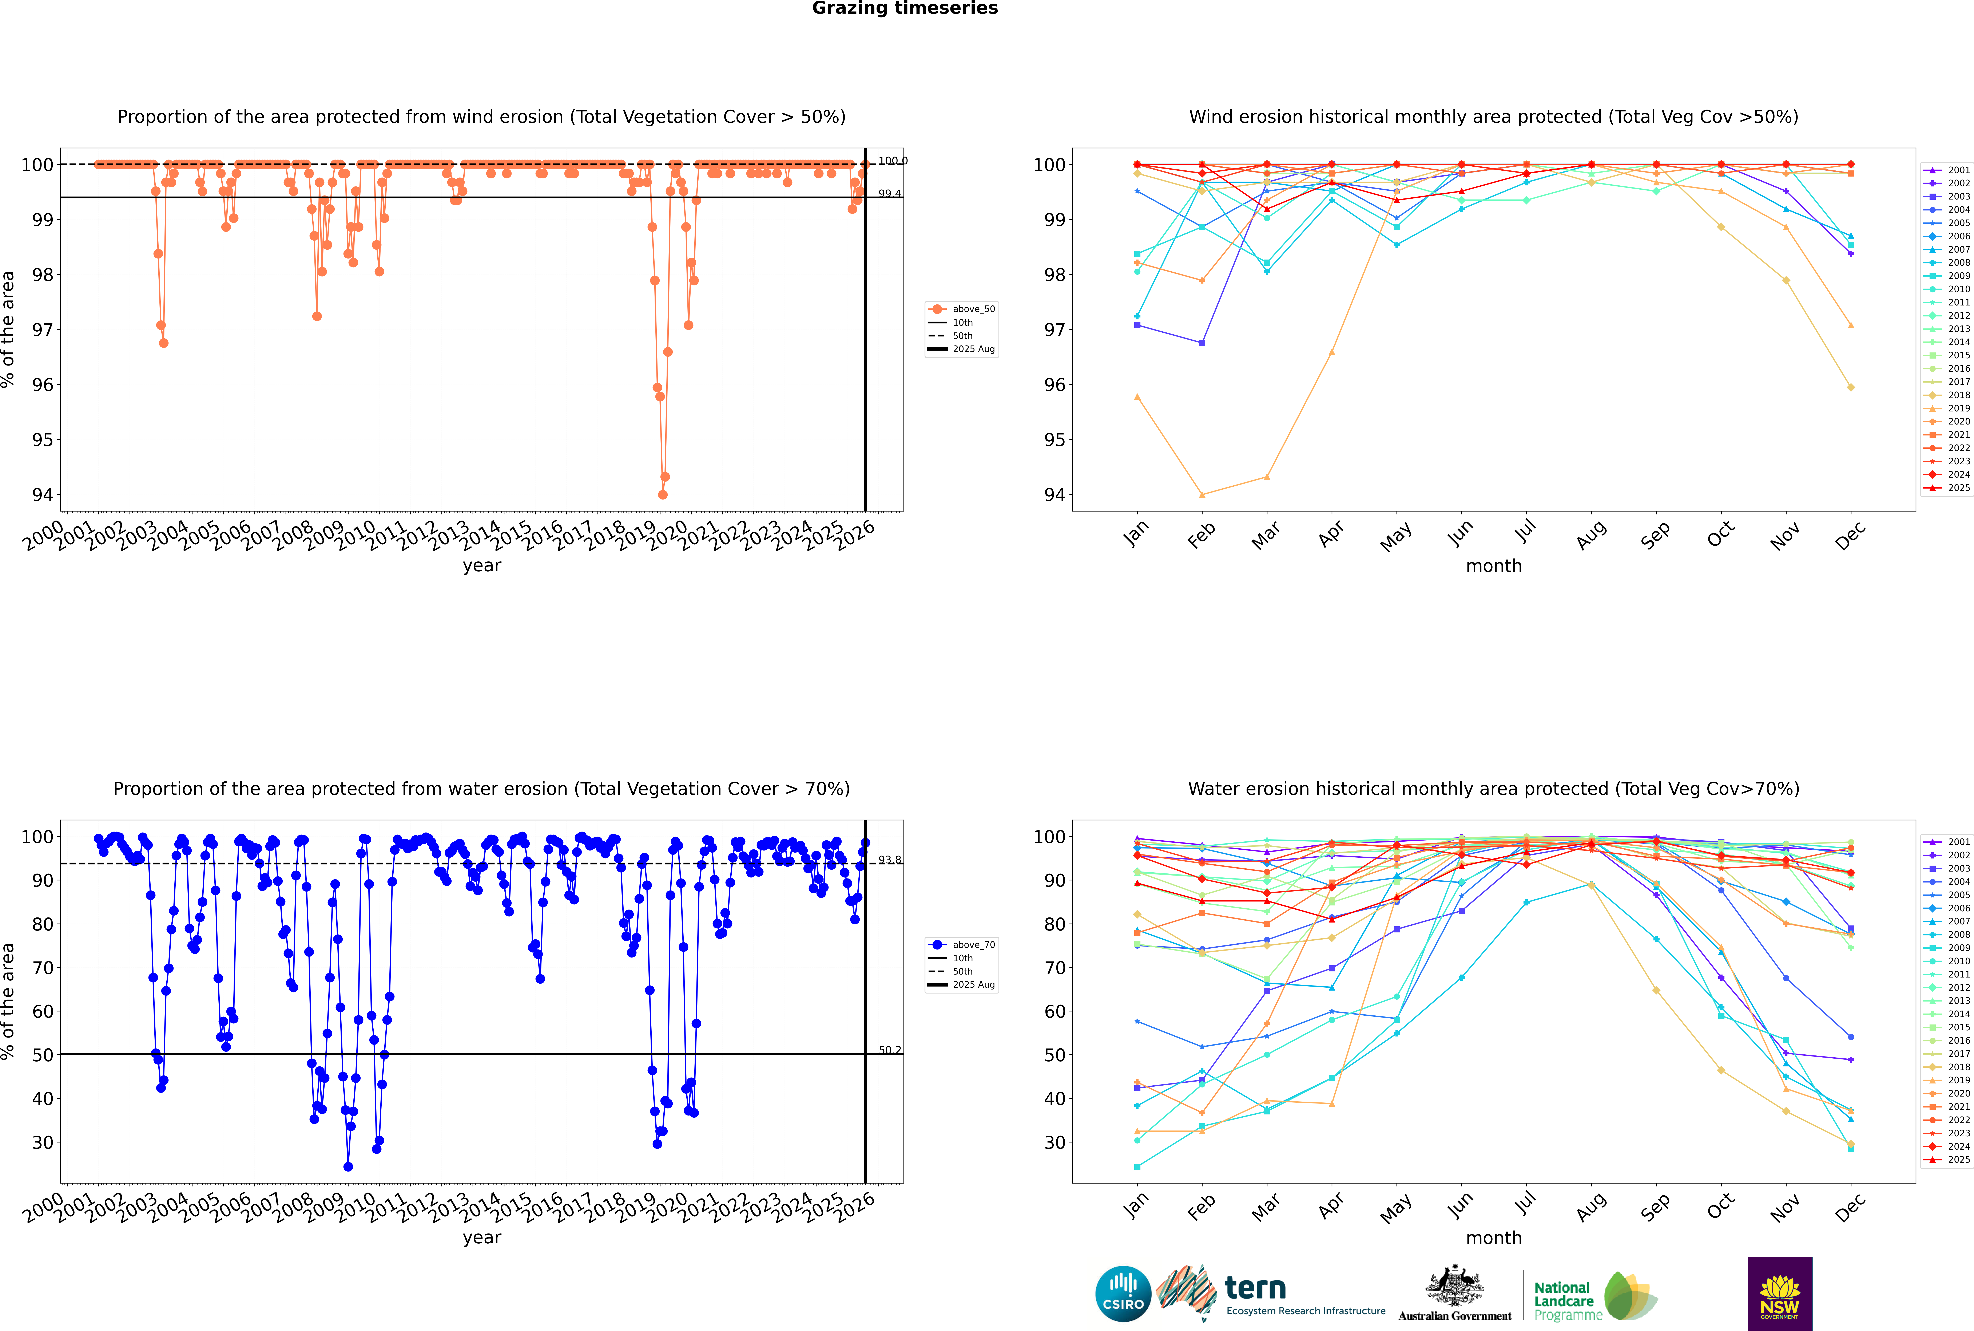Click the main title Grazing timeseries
(x=905, y=8)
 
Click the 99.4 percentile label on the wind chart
(x=889, y=194)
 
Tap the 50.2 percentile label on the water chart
(x=889, y=1050)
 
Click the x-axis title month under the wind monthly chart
(x=1494, y=566)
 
